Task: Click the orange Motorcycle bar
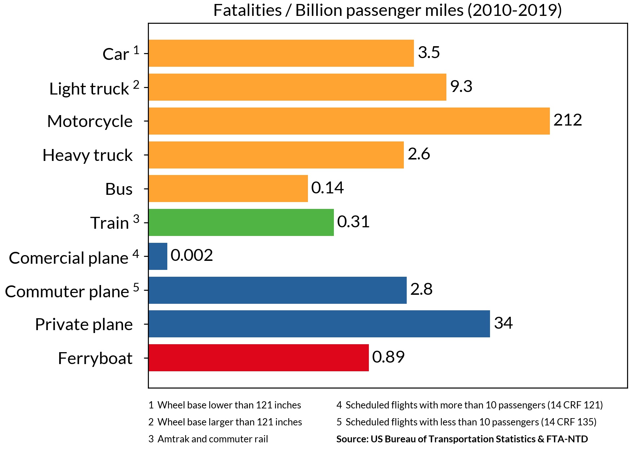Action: (349, 121)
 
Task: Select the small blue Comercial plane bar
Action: (158, 256)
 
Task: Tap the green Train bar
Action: (241, 222)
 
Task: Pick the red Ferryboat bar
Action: (259, 358)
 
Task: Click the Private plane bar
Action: (319, 324)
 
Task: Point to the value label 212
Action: (568, 120)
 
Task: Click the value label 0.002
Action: (191, 255)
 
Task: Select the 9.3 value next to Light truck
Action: (461, 86)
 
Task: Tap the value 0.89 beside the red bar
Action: (388, 357)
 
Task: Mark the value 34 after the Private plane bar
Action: (503, 323)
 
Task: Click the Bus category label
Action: (119, 189)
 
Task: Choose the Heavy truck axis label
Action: (88, 155)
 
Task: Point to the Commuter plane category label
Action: (67, 292)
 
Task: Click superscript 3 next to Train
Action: (136, 219)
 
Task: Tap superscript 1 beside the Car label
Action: (136, 50)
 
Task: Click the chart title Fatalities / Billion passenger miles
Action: (387, 10)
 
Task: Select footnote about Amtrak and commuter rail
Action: (208, 439)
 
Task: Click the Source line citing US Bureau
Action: (462, 439)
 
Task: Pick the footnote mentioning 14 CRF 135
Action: (466, 422)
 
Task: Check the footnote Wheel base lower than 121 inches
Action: (225, 405)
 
